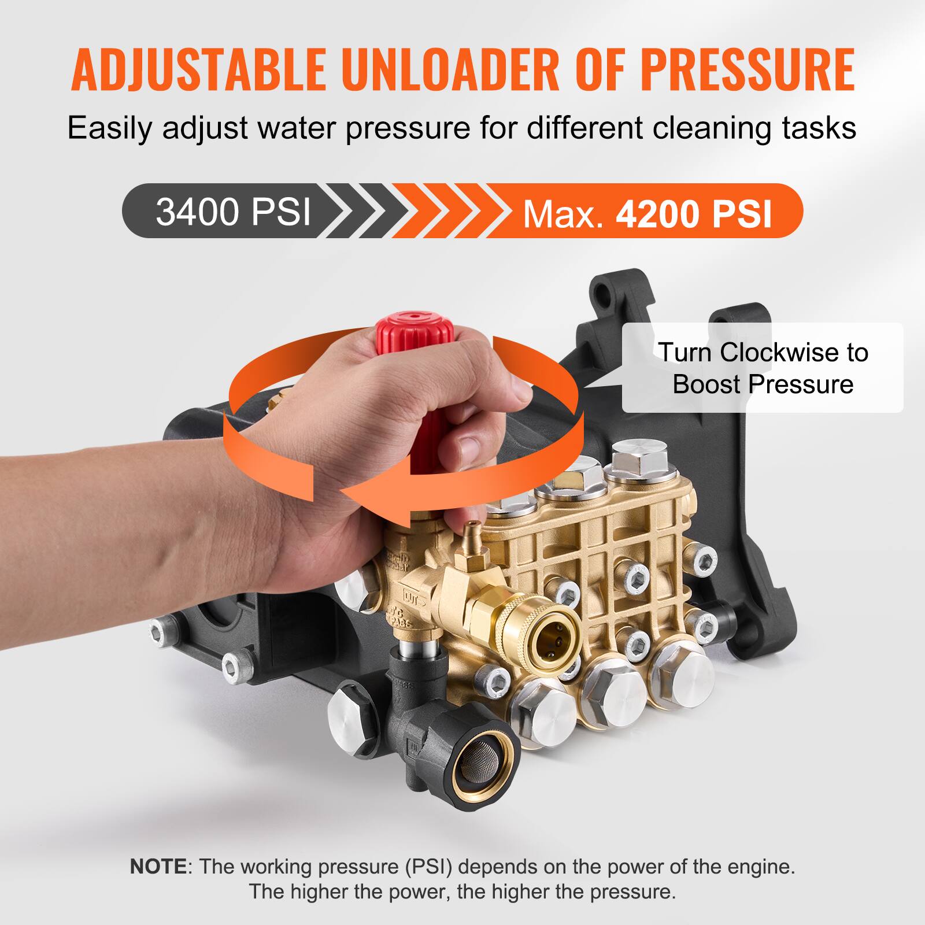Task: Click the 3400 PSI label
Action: [x=233, y=212]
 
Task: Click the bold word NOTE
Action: [x=158, y=866]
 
